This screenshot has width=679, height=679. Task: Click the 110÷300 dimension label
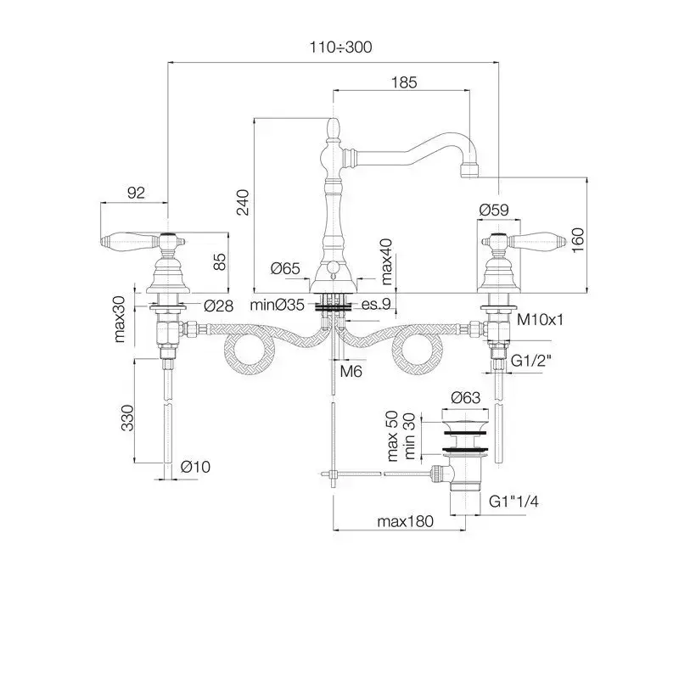pos(341,47)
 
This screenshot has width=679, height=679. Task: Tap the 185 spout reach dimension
pos(404,82)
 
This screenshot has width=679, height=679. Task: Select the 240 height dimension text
pos(243,202)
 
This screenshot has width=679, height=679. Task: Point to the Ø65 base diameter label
pos(285,268)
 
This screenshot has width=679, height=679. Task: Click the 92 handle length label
pos(136,193)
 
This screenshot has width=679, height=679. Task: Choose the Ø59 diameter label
pos(494,210)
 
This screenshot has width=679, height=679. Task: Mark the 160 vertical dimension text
pos(578,240)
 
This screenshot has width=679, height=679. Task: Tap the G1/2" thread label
pos(531,360)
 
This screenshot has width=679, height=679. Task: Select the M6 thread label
pos(351,371)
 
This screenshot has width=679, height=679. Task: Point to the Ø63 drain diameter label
pos(465,397)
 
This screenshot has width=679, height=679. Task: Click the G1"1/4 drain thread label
pos(513,502)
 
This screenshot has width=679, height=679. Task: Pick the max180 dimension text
pos(405,521)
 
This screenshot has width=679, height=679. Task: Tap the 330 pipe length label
pos(128,418)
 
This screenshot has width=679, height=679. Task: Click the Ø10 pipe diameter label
pos(195,467)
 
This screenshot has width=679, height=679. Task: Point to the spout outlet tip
pos(469,170)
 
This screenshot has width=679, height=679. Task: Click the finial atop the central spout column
pos(333,128)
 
